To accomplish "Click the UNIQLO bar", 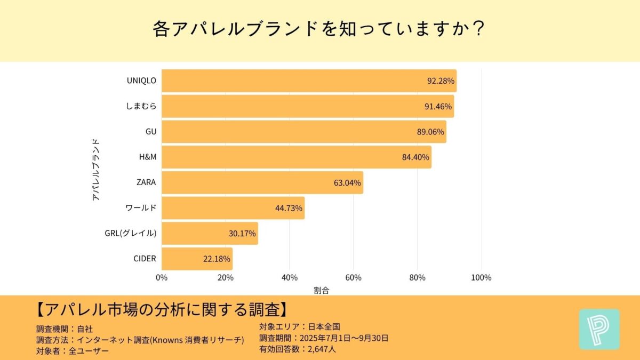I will [309, 81].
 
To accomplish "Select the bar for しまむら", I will [308, 106].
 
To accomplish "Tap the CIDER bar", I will [197, 259].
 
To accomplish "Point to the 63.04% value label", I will [347, 183].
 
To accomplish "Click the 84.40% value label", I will [415, 157].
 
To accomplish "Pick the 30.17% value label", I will [242, 234].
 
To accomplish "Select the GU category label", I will [150, 132].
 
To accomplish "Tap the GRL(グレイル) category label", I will [131, 233].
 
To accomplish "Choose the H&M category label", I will [147, 157].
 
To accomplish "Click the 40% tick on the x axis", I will [289, 277].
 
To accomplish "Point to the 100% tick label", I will [481, 277].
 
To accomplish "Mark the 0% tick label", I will [162, 277].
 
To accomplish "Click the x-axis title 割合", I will [321, 291].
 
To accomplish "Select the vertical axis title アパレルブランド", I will [96, 170].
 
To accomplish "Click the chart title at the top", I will [319, 29].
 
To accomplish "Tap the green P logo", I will [599, 329].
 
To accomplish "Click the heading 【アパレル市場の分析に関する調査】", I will [163, 310].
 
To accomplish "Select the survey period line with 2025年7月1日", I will [323, 338].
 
